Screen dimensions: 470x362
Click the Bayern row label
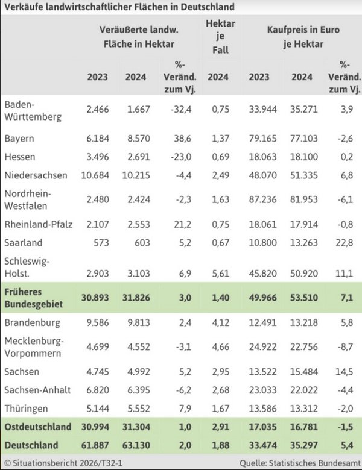pyautogui.click(x=19, y=139)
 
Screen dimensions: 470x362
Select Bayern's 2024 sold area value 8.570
pyautogui.click(x=136, y=139)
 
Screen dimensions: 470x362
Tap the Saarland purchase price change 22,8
pyautogui.click(x=349, y=243)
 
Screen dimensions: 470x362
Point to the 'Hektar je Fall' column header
pyautogui.click(x=220, y=36)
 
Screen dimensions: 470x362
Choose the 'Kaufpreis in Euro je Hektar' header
pyautogui.click(x=303, y=36)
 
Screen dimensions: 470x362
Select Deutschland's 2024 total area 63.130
pyautogui.click(x=136, y=445)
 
